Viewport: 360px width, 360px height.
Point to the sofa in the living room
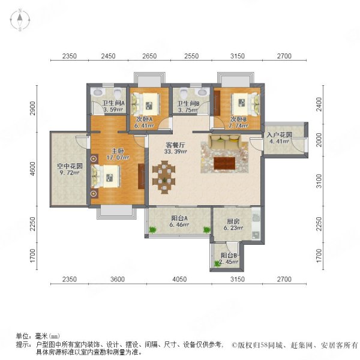[226, 144]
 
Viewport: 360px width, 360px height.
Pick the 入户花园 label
[279, 134]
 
